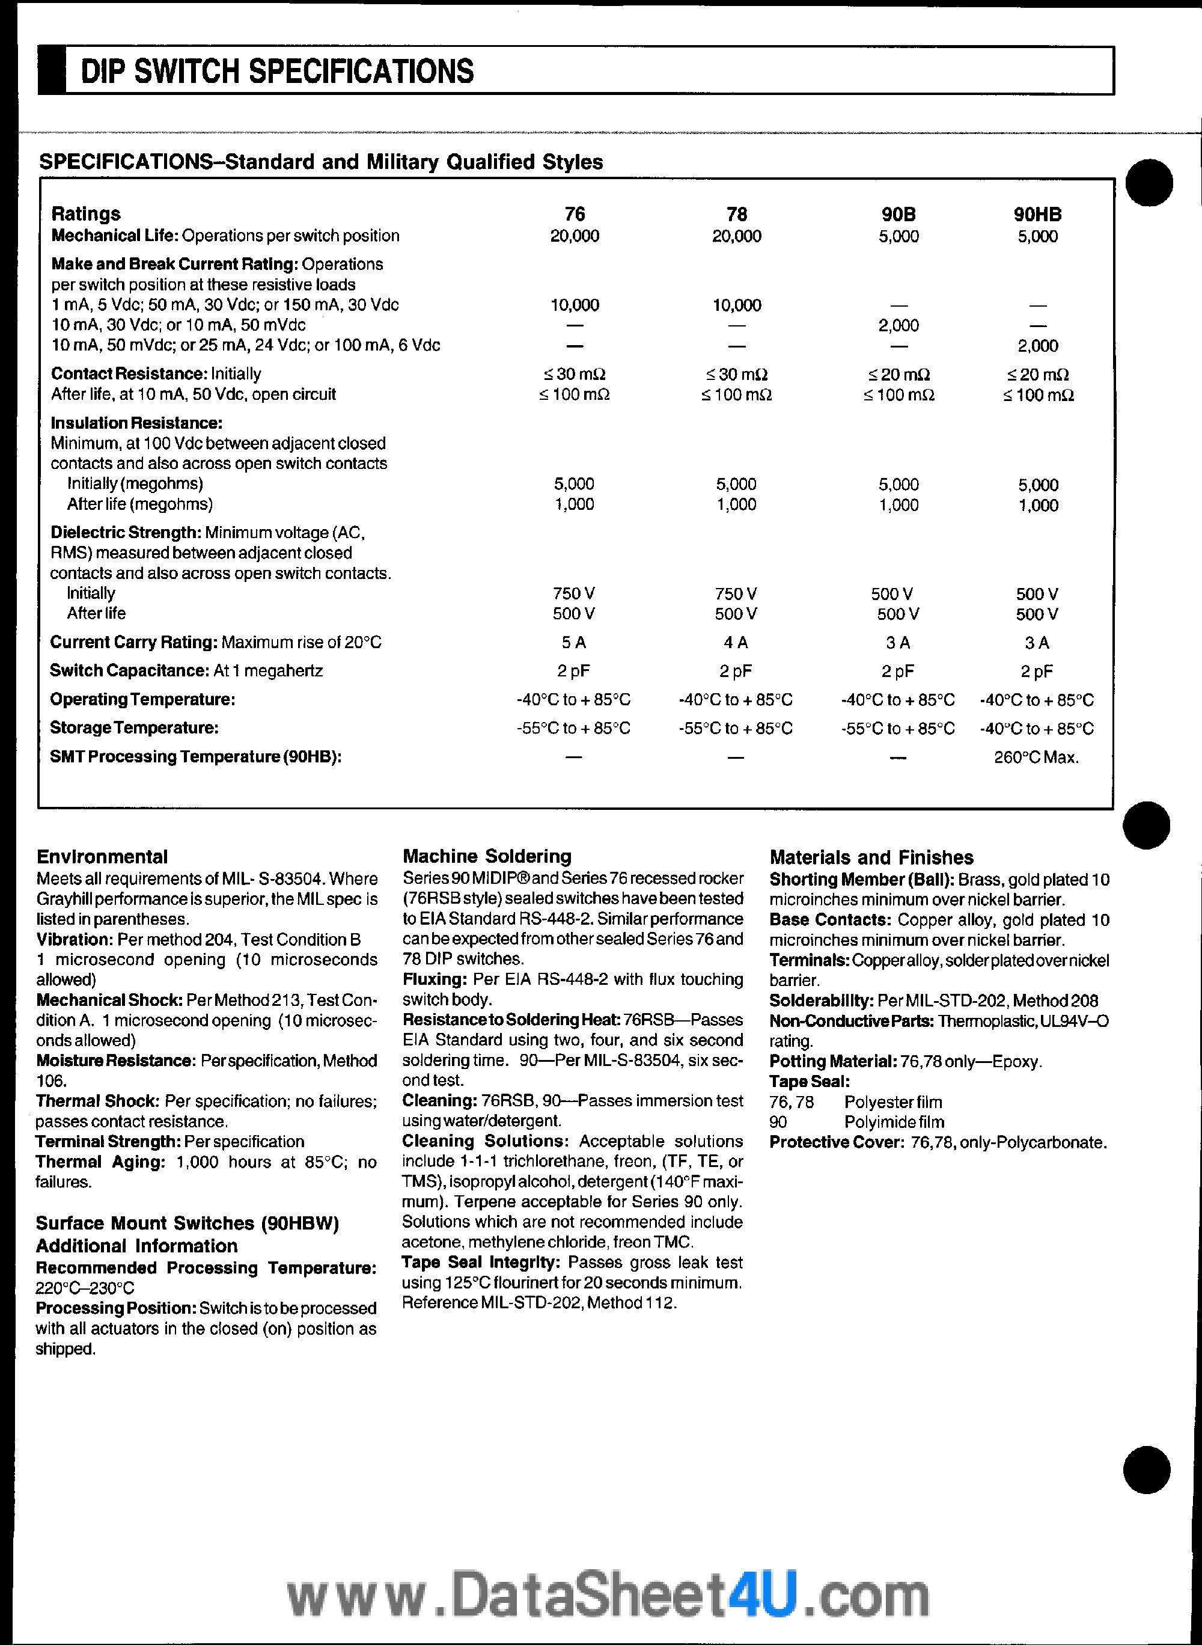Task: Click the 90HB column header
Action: (1037, 214)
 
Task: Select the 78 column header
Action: (736, 214)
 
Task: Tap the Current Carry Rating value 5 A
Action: (574, 643)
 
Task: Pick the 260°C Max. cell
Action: (1036, 758)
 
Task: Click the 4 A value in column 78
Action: (736, 643)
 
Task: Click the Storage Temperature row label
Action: (134, 728)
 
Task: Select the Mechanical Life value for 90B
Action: (898, 236)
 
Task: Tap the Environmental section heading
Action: (102, 857)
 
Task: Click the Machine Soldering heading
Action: (487, 856)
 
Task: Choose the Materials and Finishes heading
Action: (871, 857)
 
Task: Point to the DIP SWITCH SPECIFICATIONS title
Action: (277, 72)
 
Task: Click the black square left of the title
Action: (52, 70)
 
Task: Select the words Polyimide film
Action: (894, 1123)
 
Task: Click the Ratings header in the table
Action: (86, 214)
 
